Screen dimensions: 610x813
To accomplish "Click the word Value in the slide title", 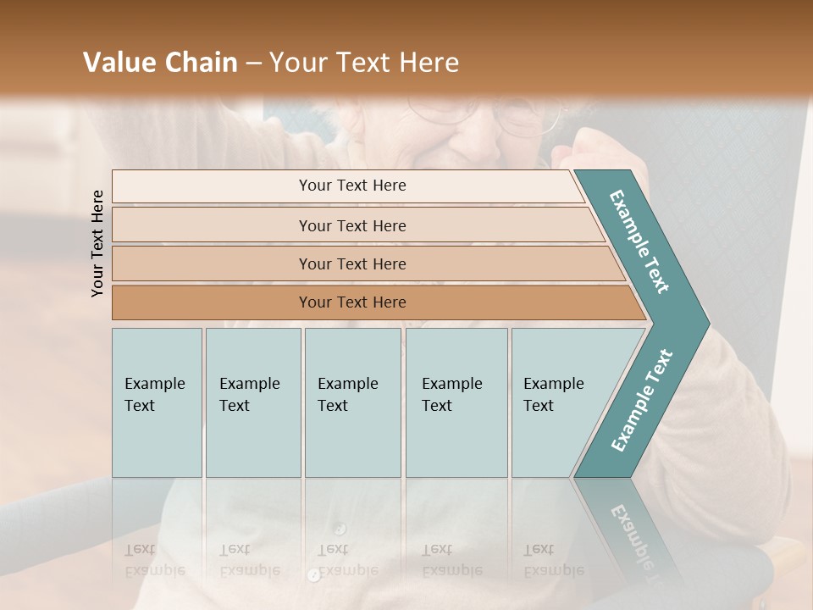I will click(117, 63).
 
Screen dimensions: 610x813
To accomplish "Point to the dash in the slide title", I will click(253, 64).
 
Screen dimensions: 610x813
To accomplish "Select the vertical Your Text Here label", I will click(97, 243).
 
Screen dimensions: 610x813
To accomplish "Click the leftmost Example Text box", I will click(157, 402).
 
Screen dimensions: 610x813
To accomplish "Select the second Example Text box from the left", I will click(253, 402).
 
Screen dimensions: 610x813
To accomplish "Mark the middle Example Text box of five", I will click(352, 402).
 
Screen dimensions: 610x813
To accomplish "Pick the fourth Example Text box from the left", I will click(456, 402).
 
